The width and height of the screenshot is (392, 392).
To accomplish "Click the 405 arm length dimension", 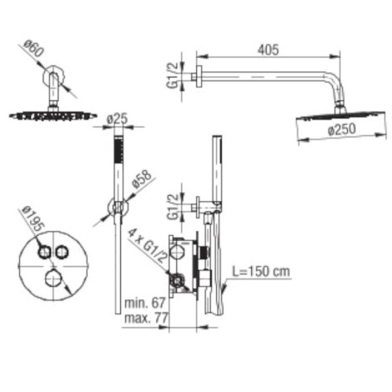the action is click(268, 50).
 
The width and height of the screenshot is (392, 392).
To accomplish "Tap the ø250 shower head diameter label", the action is click(341, 129).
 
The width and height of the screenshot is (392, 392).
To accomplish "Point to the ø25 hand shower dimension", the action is click(117, 119).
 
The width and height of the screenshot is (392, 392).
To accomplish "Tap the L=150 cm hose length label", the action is click(261, 271).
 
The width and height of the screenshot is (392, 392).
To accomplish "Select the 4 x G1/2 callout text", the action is click(147, 245).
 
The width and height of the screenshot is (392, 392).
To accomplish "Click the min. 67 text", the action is click(145, 303).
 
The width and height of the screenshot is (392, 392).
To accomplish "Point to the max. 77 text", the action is click(146, 318).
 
